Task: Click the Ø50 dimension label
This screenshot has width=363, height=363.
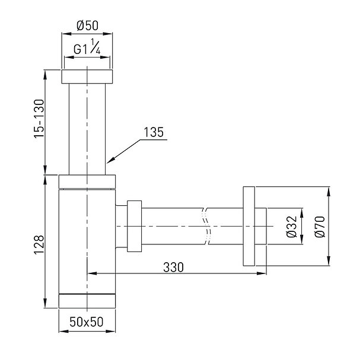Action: pyautogui.click(x=87, y=26)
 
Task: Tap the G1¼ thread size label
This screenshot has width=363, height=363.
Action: pyautogui.click(x=87, y=47)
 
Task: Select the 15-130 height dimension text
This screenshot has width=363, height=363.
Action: pyautogui.click(x=39, y=119)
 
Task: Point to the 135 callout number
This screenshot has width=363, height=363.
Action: pyautogui.click(x=154, y=132)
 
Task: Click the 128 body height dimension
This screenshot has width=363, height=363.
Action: pyautogui.click(x=39, y=245)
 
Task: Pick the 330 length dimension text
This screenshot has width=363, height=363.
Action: pyautogui.click(x=173, y=267)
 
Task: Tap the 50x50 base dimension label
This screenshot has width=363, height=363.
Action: pyautogui.click(x=87, y=322)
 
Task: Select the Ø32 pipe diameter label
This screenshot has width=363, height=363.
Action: pyautogui.click(x=291, y=227)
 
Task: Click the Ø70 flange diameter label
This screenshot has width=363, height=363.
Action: pyautogui.click(x=320, y=227)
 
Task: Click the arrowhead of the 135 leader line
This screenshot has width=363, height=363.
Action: pyautogui.click(x=110, y=160)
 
